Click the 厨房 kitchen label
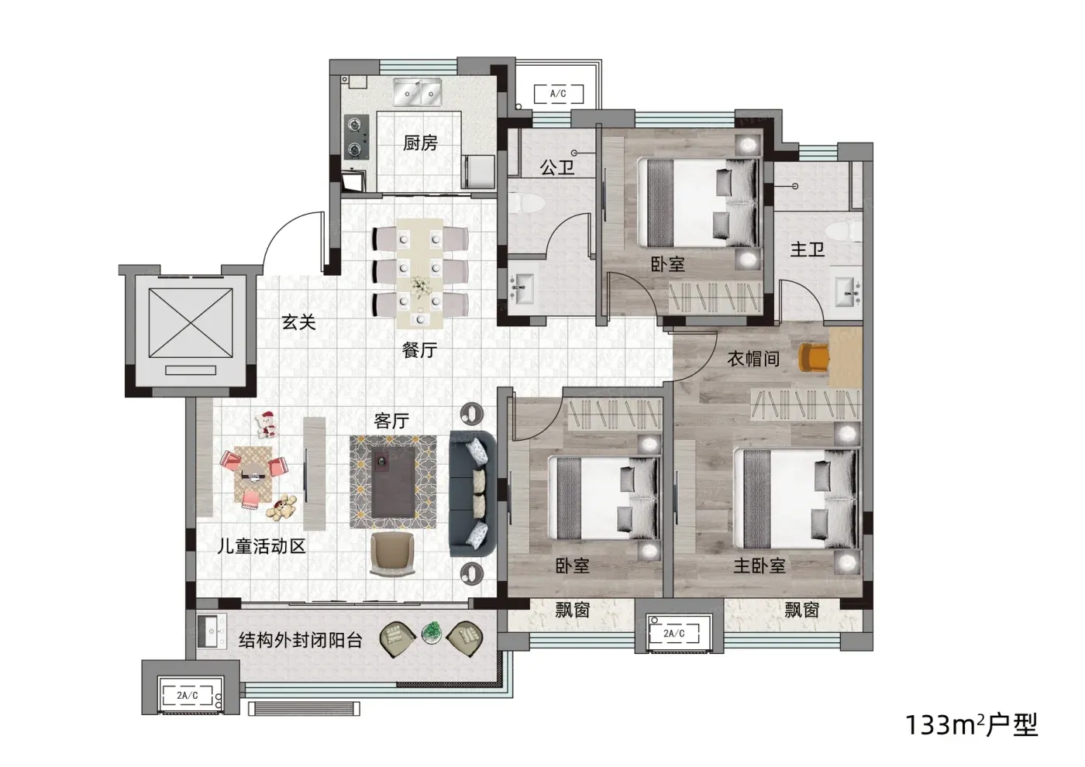tap(420, 143)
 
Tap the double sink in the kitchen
tap(418, 92)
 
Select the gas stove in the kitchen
tap(356, 137)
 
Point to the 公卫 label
tap(557, 167)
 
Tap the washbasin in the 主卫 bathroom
tap(848, 292)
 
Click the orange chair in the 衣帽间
tap(813, 358)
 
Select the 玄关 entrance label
tap(299, 322)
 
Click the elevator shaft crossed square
tap(191, 322)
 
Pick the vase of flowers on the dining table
tap(419, 286)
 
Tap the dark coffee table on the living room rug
tap(393, 481)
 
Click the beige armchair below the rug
tap(392, 554)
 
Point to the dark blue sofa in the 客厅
tap(472, 494)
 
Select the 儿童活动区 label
tap(262, 546)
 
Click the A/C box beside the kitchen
tap(559, 94)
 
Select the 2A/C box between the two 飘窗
tap(674, 634)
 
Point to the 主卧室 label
tap(759, 565)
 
